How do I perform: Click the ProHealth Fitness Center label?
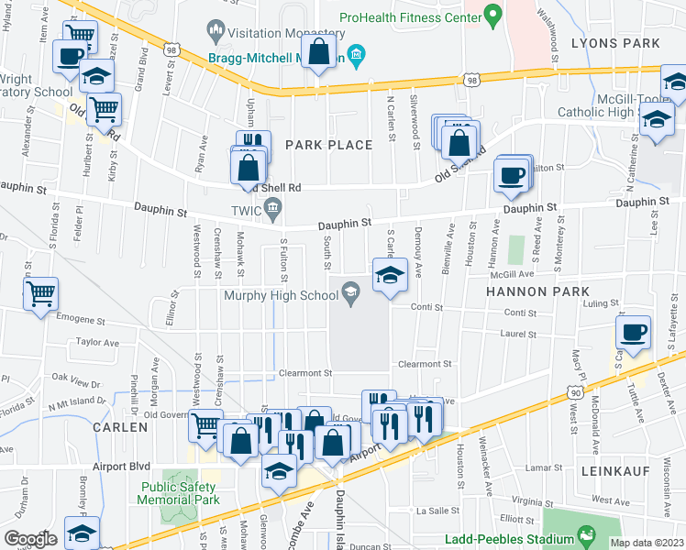pyautogui.click(x=409, y=16)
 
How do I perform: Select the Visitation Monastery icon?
pyautogui.click(x=216, y=30)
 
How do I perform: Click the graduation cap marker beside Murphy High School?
pyautogui.click(x=390, y=276)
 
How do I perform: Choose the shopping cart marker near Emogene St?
pyautogui.click(x=40, y=295)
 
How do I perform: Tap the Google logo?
pyautogui.click(x=30, y=538)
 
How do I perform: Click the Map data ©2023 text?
pyautogui.click(x=647, y=543)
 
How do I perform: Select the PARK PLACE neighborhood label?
pyautogui.click(x=328, y=145)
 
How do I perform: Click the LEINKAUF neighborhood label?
pyautogui.click(x=614, y=470)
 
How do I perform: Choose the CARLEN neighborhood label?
pyautogui.click(x=119, y=427)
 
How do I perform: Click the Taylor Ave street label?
pyautogui.click(x=98, y=342)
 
